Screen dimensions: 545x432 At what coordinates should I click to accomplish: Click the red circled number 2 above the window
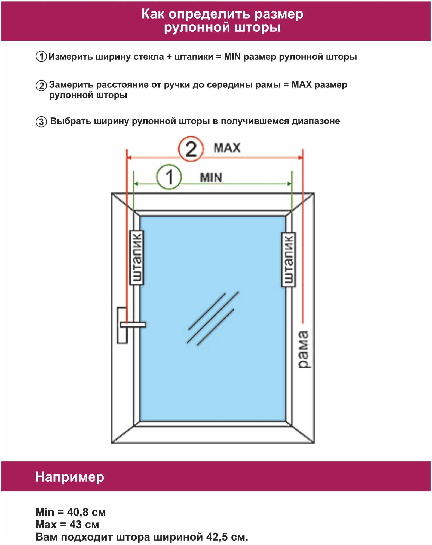tap(191, 149)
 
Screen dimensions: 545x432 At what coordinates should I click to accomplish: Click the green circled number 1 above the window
tap(169, 177)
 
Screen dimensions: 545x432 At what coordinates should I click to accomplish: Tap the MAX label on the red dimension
tap(227, 148)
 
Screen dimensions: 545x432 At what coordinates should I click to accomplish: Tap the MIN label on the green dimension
tap(211, 178)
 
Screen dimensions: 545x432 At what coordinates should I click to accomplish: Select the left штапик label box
tap(137, 258)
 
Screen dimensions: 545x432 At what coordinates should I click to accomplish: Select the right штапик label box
tap(289, 260)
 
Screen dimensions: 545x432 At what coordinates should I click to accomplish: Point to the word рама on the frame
tap(304, 350)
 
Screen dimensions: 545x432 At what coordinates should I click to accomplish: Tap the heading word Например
tap(69, 477)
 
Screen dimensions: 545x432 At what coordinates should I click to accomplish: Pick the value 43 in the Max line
tap(75, 525)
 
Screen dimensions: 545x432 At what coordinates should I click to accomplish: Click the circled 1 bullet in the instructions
tap(41, 57)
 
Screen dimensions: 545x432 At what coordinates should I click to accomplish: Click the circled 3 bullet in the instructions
tap(41, 122)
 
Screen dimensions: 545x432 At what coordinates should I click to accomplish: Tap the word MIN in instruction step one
tap(232, 57)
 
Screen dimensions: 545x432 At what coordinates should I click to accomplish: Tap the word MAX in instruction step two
tap(301, 85)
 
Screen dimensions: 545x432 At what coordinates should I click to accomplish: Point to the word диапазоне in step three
tap(316, 121)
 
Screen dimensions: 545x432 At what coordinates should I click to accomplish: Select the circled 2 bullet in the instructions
tap(41, 86)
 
